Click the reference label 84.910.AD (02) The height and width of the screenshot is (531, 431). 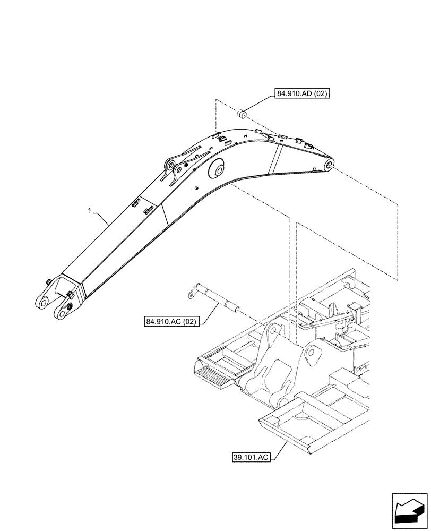[x=303, y=93]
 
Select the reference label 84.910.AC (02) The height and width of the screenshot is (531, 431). [x=170, y=322]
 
